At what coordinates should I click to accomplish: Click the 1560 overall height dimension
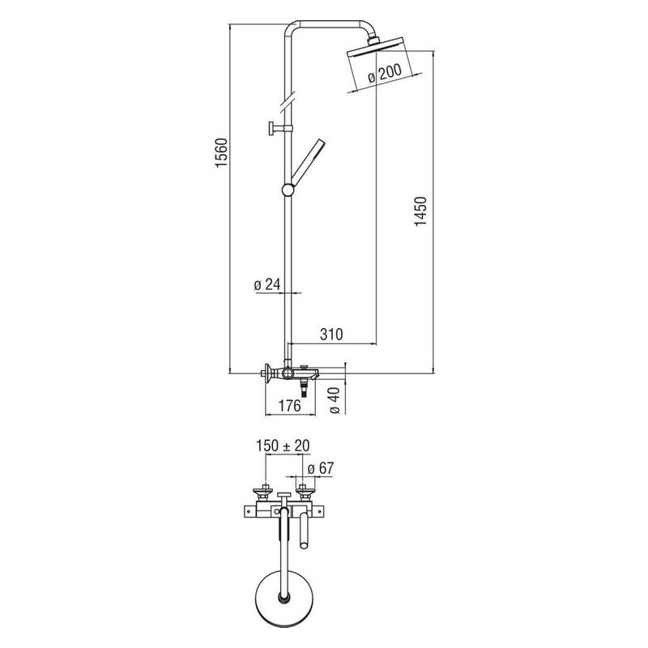[221, 153]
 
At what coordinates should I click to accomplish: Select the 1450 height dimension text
[420, 211]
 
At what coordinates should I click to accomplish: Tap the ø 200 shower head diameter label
[384, 74]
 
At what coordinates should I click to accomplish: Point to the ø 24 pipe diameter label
[267, 284]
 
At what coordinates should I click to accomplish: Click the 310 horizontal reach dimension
[331, 334]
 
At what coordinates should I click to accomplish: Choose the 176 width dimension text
[289, 406]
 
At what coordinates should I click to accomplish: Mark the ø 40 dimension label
[335, 400]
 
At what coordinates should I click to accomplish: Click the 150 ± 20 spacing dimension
[283, 446]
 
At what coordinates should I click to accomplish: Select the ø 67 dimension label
[321, 468]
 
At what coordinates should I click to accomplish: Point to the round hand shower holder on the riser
[288, 190]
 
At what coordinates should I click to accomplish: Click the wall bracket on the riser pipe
[280, 129]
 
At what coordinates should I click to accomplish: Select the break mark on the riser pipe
[288, 102]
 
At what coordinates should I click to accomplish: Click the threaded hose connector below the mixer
[305, 390]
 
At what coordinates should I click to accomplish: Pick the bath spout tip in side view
[316, 376]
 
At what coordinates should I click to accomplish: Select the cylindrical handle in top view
[305, 531]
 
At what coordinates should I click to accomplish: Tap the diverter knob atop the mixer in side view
[305, 367]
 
